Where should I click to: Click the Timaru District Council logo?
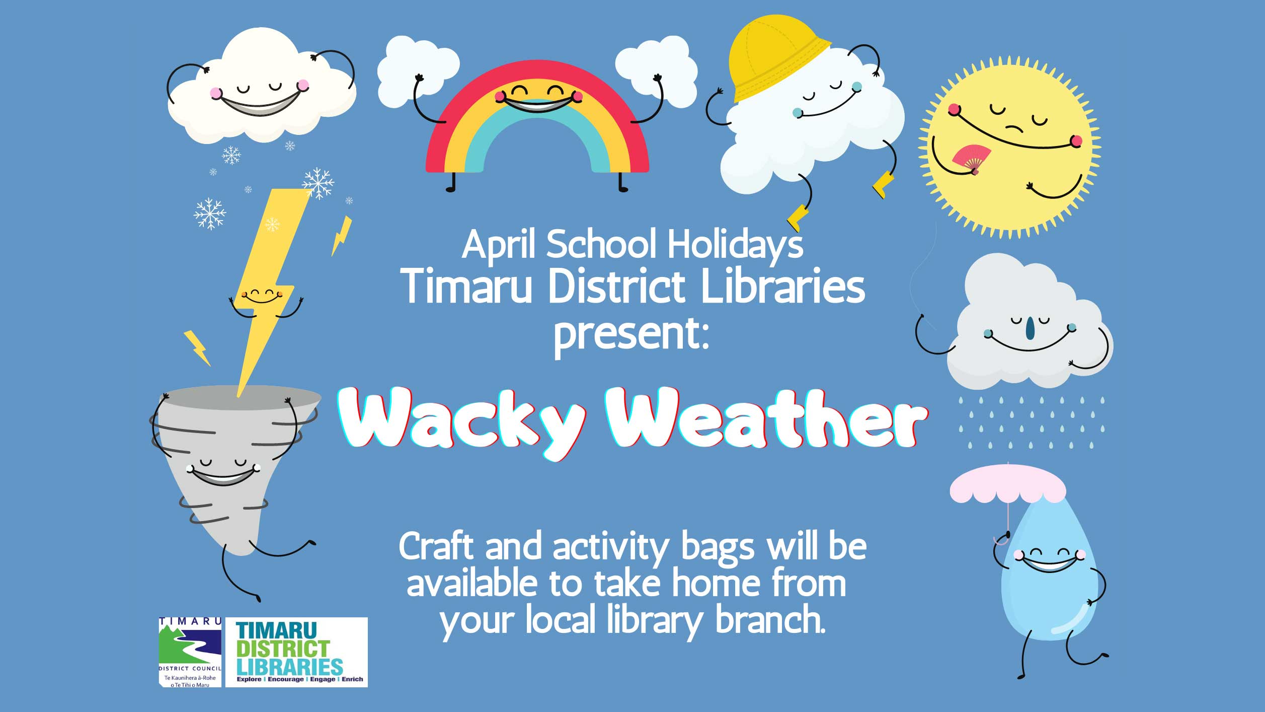(x=190, y=652)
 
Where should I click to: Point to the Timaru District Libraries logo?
(x=296, y=652)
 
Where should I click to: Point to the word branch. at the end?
(x=770, y=620)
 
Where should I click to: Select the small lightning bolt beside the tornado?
(x=197, y=347)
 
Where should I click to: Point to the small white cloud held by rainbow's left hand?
(x=418, y=72)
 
